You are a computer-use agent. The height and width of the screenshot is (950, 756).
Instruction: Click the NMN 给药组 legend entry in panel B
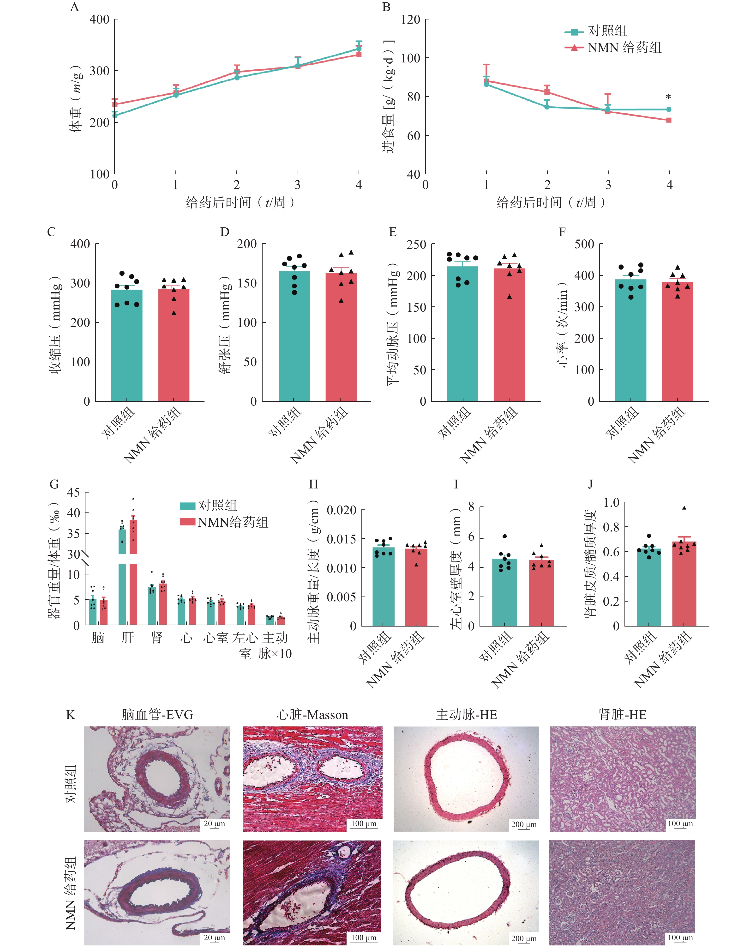[624, 48]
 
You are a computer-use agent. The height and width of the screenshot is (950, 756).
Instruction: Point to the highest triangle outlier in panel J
[684, 508]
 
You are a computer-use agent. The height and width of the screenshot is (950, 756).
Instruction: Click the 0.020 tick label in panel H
[341, 510]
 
